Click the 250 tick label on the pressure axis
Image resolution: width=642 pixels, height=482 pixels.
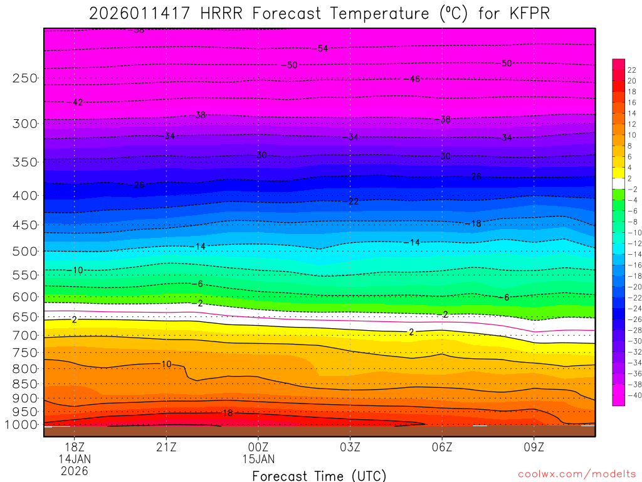point(24,78)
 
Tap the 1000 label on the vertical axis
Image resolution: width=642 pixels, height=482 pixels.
point(22,425)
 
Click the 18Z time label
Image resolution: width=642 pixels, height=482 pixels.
point(75,447)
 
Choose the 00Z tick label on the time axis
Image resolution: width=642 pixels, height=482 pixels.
point(258,447)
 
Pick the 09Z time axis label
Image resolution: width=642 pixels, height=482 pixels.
point(534,447)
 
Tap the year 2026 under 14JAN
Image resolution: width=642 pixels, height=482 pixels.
point(75,470)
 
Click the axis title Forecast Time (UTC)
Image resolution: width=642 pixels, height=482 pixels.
point(319,475)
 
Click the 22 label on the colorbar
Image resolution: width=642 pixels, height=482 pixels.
point(632,70)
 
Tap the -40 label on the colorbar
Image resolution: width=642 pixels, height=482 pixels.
point(634,395)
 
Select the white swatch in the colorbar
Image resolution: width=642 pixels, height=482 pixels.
point(618,178)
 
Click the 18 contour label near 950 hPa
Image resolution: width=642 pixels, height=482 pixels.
point(228,413)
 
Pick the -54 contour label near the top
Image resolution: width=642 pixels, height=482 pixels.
point(322,48)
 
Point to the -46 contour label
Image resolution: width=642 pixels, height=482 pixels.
point(412,79)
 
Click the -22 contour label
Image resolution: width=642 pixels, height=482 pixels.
point(352,201)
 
